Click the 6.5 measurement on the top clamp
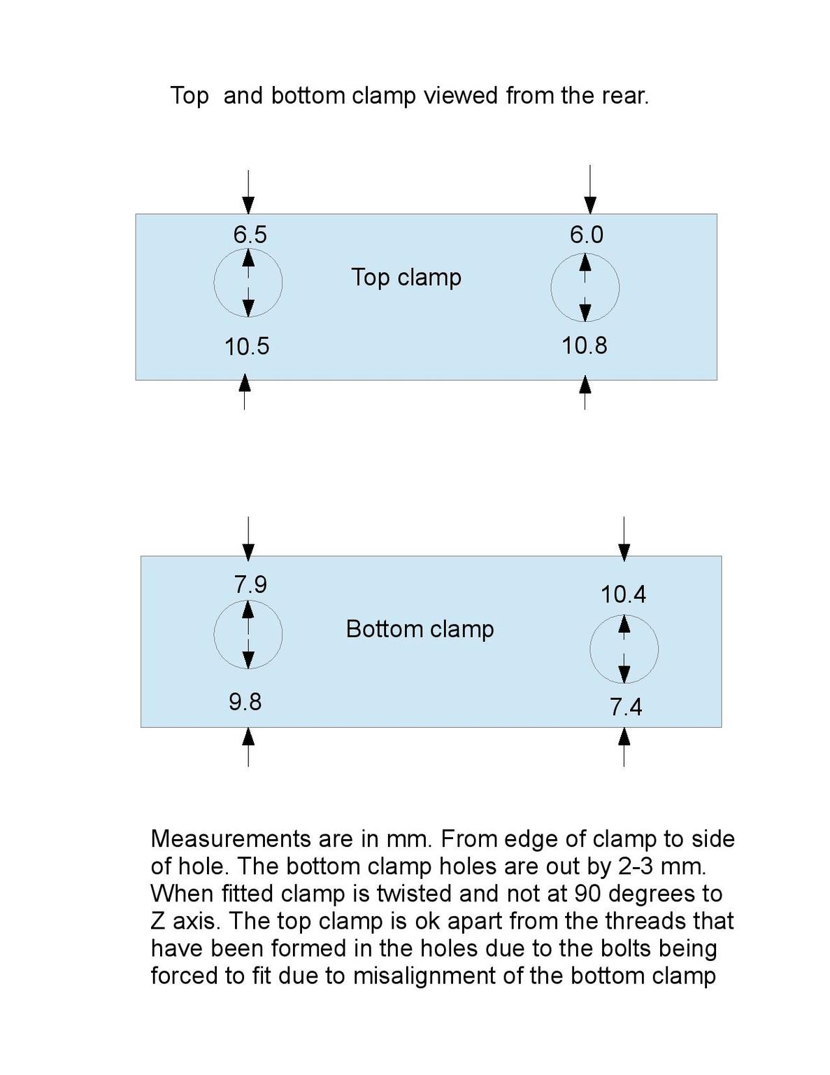[250, 234]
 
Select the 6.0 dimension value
[586, 234]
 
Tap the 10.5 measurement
[247, 346]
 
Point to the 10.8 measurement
[585, 346]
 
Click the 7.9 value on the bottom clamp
[250, 584]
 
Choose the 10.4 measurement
[623, 595]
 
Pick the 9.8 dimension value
[245, 701]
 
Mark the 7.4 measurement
[625, 708]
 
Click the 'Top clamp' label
[406, 277]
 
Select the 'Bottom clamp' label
[420, 629]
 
